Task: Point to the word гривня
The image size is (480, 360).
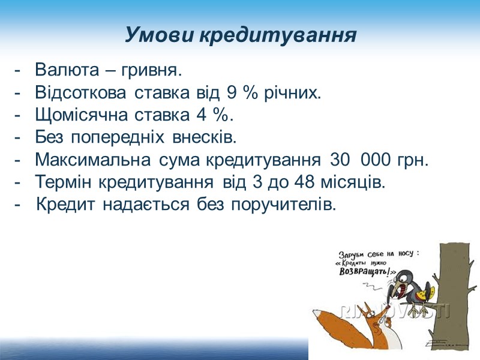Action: (151, 71)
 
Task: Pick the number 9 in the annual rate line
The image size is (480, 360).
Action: (232, 94)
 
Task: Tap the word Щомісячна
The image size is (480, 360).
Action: (77, 116)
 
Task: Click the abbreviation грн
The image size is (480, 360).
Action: (412, 160)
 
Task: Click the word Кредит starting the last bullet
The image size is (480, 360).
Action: (66, 205)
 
